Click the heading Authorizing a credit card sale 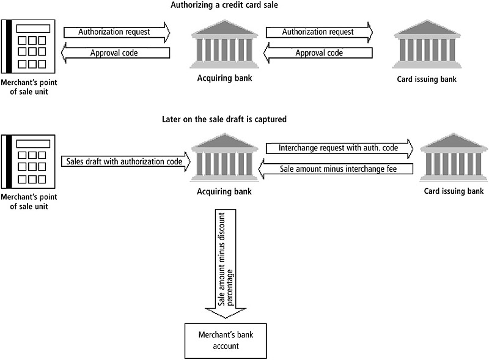coord(244,6)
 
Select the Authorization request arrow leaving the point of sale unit coord(116,31)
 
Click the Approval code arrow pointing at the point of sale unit coord(116,53)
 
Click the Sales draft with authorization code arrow coord(125,161)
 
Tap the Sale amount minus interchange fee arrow coord(338,169)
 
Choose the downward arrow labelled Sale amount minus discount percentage coord(226,263)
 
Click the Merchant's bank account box coord(226,340)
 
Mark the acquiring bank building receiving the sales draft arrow coord(224,158)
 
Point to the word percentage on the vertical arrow coord(232,263)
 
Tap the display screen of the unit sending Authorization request coord(33,29)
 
